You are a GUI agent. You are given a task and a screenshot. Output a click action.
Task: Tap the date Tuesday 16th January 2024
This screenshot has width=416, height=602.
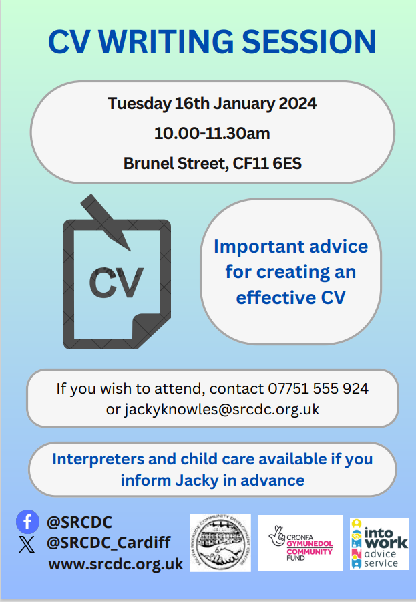click(212, 104)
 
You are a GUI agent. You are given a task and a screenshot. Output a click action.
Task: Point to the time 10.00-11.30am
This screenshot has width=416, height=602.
click(212, 133)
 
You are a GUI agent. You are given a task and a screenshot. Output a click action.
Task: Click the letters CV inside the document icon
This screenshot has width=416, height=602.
click(116, 283)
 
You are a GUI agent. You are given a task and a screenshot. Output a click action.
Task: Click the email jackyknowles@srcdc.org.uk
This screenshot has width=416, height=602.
click(222, 409)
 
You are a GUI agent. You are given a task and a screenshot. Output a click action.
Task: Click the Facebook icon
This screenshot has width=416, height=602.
click(27, 521)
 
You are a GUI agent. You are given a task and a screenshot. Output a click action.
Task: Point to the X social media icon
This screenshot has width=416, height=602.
click(27, 544)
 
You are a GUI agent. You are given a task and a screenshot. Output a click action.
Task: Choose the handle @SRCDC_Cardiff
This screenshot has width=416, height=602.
click(108, 542)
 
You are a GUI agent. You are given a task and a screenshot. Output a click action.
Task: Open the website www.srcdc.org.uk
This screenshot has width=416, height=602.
click(116, 564)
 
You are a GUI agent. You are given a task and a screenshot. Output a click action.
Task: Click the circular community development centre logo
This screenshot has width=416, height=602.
click(220, 542)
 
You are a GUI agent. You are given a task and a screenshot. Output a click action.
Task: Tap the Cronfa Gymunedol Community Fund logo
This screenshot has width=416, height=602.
click(300, 542)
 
